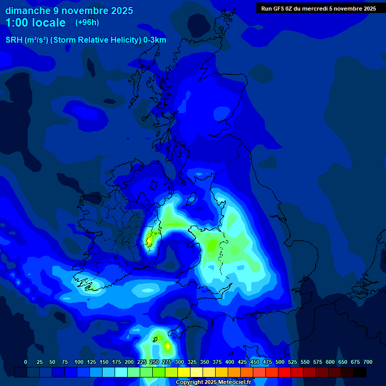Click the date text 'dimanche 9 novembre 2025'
click(x=69, y=11)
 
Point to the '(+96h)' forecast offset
click(x=87, y=23)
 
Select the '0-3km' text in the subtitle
click(x=154, y=40)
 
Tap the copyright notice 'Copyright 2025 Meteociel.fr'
click(x=213, y=382)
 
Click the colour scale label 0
click(x=26, y=362)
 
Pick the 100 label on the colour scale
click(x=79, y=362)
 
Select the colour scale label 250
click(x=154, y=362)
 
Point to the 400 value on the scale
click(x=230, y=362)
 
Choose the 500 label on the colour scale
click(x=280, y=362)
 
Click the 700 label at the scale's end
click(x=368, y=362)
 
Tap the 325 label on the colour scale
click(x=192, y=362)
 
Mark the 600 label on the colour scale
click(x=330, y=362)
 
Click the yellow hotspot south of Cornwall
click(x=167, y=346)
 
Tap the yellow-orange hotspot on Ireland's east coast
click(x=149, y=239)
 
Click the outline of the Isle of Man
click(x=190, y=200)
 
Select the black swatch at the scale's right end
click(x=360, y=372)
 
